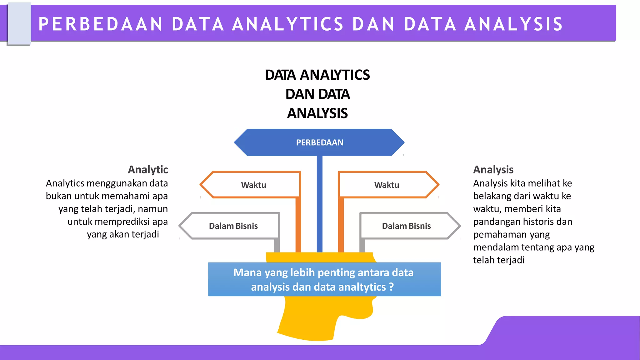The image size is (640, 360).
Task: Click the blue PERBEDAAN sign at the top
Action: point(319,142)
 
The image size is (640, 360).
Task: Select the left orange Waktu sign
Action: point(253,185)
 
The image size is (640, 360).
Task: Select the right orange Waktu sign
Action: point(387,185)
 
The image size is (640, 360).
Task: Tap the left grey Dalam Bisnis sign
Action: point(233,226)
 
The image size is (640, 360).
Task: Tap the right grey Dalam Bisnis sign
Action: point(406,226)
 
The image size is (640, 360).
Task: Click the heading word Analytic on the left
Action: point(148,169)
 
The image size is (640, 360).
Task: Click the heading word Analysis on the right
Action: point(493,169)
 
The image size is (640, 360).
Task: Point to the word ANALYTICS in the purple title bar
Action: point(287,24)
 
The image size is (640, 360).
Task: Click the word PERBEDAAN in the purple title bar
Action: point(101,24)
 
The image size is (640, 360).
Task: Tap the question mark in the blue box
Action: point(391,287)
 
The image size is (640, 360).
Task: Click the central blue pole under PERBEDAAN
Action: point(319,203)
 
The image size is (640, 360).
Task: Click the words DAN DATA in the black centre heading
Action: point(317,94)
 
